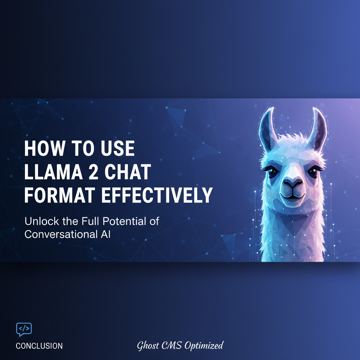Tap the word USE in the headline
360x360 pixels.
tap(117, 149)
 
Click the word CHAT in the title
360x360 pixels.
tap(130, 172)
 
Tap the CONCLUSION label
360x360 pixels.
tap(39, 346)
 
